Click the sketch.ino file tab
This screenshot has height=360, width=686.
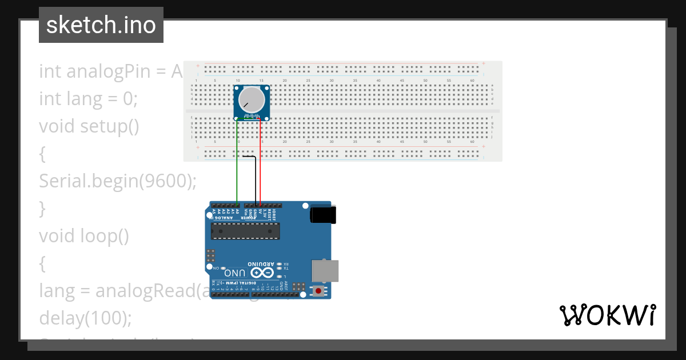pos(101,25)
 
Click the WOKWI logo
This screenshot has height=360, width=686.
pos(607,315)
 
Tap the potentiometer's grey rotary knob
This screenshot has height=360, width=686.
pos(252,100)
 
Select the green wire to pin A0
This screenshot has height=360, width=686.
pos(237,166)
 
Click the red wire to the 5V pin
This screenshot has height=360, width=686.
pos(261,166)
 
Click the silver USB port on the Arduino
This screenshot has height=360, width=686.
pos(324,271)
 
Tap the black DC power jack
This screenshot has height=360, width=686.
pos(322,215)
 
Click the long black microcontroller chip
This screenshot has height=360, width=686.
pos(245,230)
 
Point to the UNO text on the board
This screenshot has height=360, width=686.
pos(238,274)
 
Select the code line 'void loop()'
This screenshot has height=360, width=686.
pos(84,235)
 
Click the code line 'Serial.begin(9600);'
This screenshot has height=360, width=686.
pos(118,181)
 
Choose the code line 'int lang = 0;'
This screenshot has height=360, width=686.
pos(88,99)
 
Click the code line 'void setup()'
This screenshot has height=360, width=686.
pos(89,126)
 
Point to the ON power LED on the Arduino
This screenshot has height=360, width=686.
pos(223,268)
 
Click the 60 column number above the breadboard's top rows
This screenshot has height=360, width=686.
pos(472,81)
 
